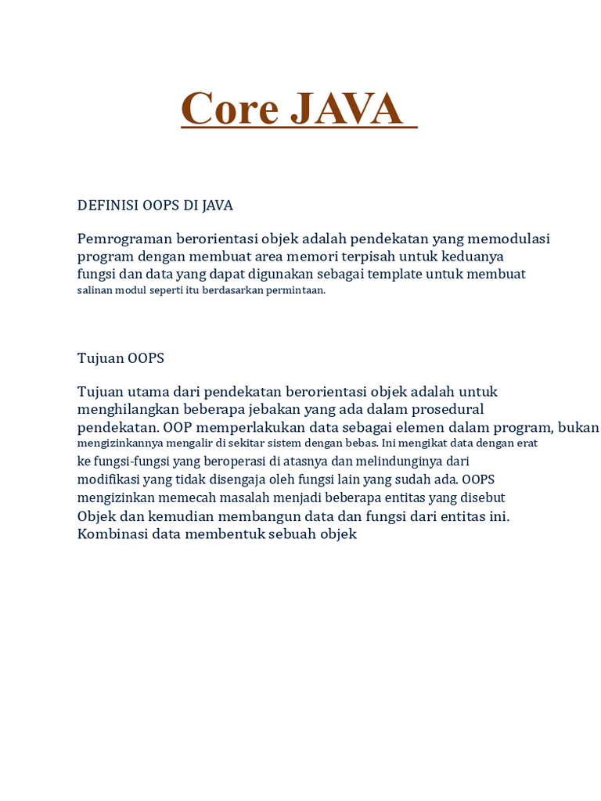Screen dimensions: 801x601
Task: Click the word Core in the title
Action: pyautogui.click(x=231, y=109)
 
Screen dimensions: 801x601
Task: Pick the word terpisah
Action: pyautogui.click(x=373, y=257)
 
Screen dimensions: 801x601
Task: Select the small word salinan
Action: pyautogui.click(x=95, y=290)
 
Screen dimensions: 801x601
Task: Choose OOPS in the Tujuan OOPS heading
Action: pyautogui.click(x=146, y=358)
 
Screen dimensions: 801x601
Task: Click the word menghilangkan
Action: pyautogui.click(x=125, y=409)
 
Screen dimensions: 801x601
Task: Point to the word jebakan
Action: pyautogui.click(x=275, y=409)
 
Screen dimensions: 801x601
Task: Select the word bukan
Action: pyautogui.click(x=579, y=427)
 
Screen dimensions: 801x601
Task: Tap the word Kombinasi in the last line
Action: pyautogui.click(x=113, y=534)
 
